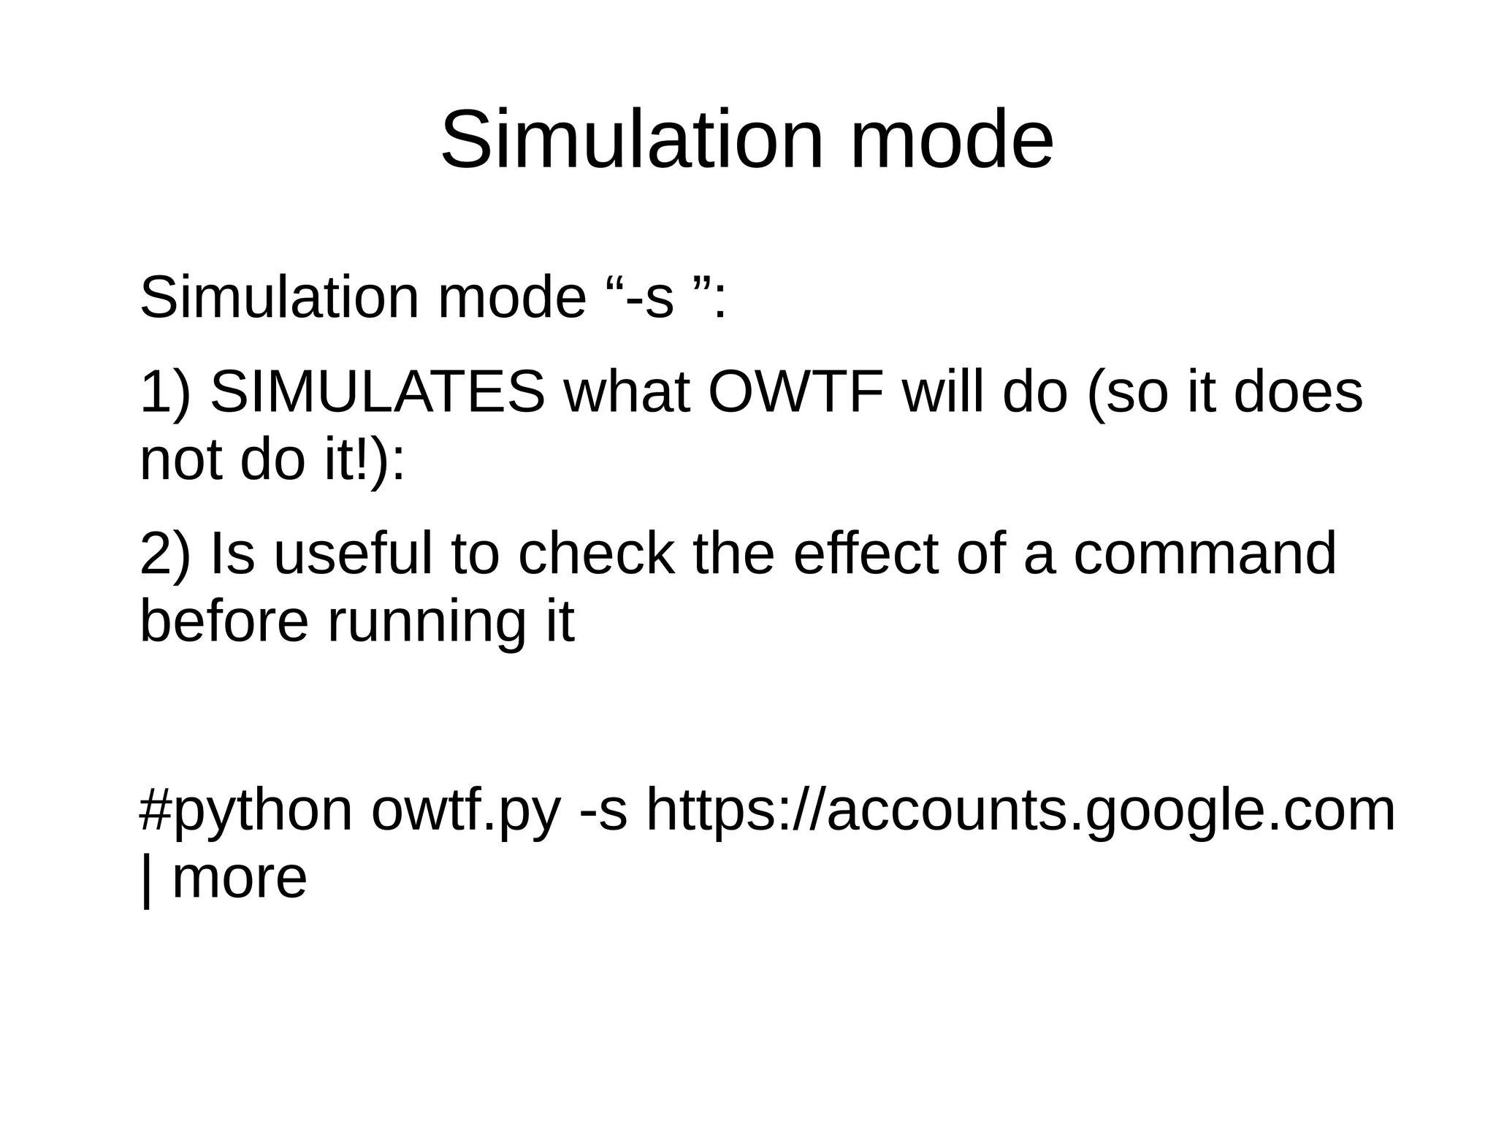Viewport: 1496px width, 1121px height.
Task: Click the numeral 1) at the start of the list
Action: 165,393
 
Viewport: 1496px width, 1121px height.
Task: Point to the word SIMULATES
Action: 378,393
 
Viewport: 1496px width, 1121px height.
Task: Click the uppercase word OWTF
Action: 795,393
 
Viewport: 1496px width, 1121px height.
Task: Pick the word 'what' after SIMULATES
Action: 627,393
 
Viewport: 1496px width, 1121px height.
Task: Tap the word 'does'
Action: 1298,393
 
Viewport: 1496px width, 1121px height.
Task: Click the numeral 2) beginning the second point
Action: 165,554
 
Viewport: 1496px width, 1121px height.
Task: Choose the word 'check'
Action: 596,554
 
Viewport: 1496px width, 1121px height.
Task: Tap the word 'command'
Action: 1205,554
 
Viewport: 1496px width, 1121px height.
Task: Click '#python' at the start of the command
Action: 245,811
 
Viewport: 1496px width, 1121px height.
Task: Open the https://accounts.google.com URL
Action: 1020,811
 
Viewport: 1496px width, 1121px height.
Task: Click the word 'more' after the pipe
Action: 239,878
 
